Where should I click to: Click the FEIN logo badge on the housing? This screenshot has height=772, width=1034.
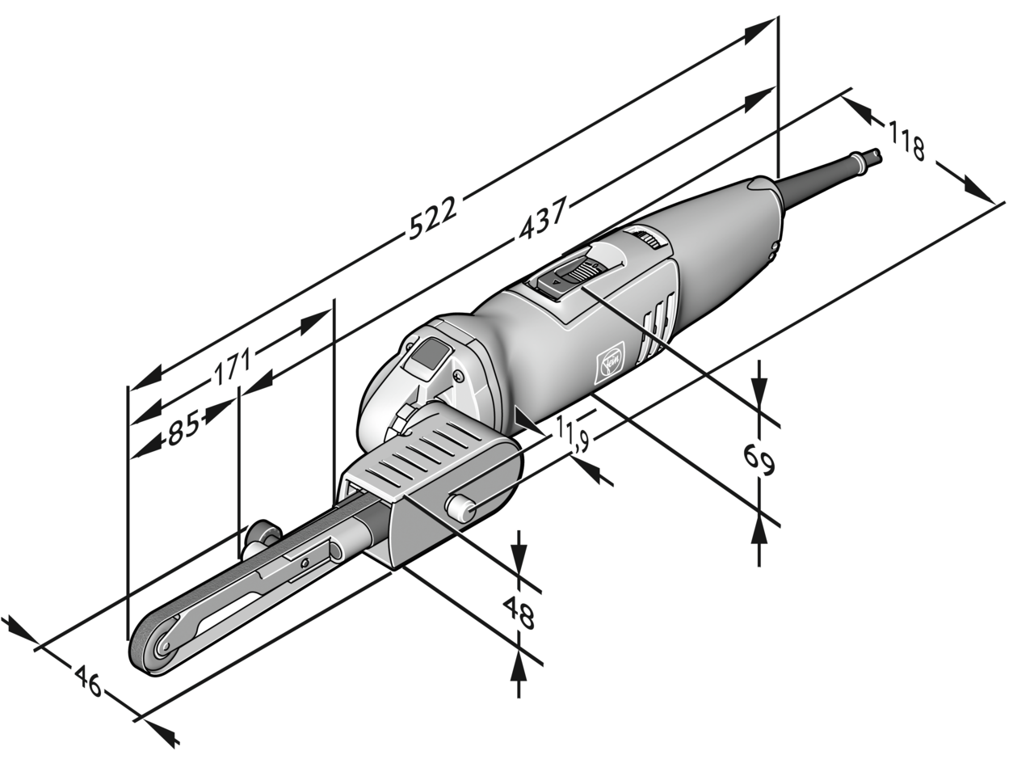click(x=608, y=365)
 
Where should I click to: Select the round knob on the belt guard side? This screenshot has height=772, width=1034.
click(x=460, y=508)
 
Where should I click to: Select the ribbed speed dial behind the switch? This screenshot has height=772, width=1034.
click(x=648, y=238)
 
